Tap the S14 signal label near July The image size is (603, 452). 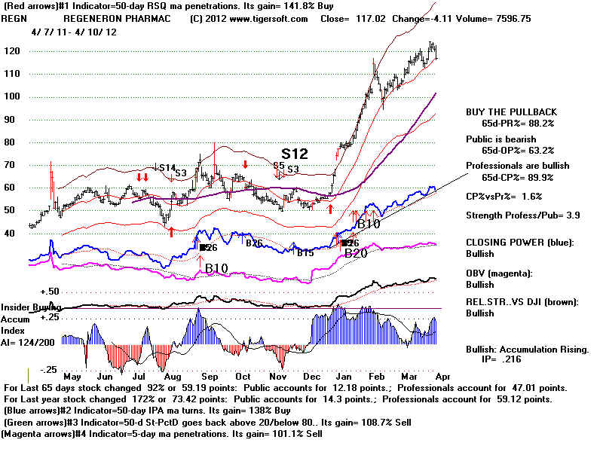(164, 167)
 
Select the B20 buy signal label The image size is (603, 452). (356, 255)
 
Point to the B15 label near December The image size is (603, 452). (305, 253)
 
